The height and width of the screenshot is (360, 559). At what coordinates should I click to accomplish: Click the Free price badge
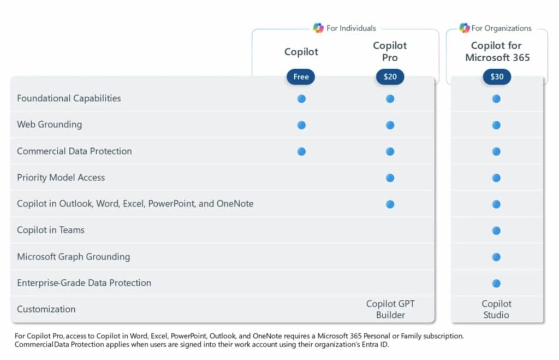pyautogui.click(x=301, y=77)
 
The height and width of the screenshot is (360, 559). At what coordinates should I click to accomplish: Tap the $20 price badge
pyautogui.click(x=390, y=77)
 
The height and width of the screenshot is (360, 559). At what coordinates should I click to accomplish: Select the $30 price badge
pyautogui.click(x=497, y=77)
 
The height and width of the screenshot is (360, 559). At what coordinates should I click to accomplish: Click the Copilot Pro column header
pyautogui.click(x=390, y=51)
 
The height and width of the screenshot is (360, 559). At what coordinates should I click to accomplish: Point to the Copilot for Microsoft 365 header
pyautogui.click(x=497, y=51)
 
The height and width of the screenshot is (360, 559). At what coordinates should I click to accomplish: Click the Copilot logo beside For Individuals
pyautogui.click(x=318, y=28)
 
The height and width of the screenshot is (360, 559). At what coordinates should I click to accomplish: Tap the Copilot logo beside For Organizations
pyautogui.click(x=464, y=28)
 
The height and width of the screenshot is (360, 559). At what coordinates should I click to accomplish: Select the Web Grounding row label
pyautogui.click(x=49, y=125)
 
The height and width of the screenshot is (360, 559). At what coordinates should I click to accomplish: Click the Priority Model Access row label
pyautogui.click(x=61, y=178)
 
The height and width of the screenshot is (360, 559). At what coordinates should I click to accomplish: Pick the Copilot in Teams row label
pyautogui.click(x=51, y=230)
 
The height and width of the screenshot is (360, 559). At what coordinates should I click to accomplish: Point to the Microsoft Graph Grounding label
pyautogui.click(x=73, y=256)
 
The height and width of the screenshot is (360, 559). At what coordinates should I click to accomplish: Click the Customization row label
pyautogui.click(x=46, y=309)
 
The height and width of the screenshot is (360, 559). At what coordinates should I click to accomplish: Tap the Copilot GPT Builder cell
pyautogui.click(x=390, y=309)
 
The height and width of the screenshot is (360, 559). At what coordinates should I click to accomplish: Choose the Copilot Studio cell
pyautogui.click(x=496, y=309)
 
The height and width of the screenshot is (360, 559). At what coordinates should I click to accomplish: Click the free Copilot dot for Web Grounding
pyautogui.click(x=301, y=125)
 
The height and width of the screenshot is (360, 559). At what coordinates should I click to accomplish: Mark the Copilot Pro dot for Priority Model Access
pyautogui.click(x=390, y=178)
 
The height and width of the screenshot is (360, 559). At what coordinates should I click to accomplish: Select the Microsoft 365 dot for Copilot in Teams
pyautogui.click(x=496, y=231)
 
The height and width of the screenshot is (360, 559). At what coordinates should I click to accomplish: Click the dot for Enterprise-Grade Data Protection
pyautogui.click(x=496, y=283)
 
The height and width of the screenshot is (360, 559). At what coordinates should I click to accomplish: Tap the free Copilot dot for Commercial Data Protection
pyautogui.click(x=301, y=151)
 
